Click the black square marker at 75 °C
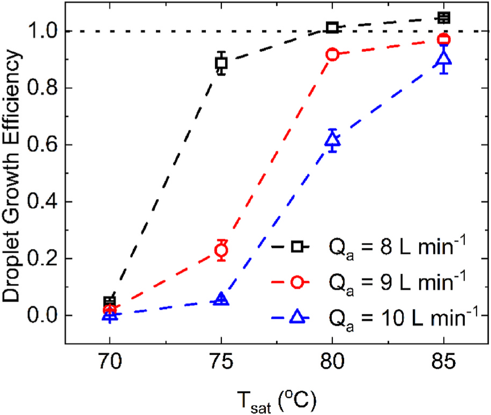click(x=221, y=63)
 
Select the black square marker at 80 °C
click(x=332, y=27)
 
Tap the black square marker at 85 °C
click(x=444, y=18)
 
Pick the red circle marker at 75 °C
click(x=221, y=250)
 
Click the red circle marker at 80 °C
click(x=332, y=55)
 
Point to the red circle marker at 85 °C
click(x=444, y=40)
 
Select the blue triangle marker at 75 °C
click(x=221, y=299)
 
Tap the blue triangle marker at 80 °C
click(x=332, y=140)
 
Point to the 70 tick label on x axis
click(x=110, y=361)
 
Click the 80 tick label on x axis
click(x=332, y=361)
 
